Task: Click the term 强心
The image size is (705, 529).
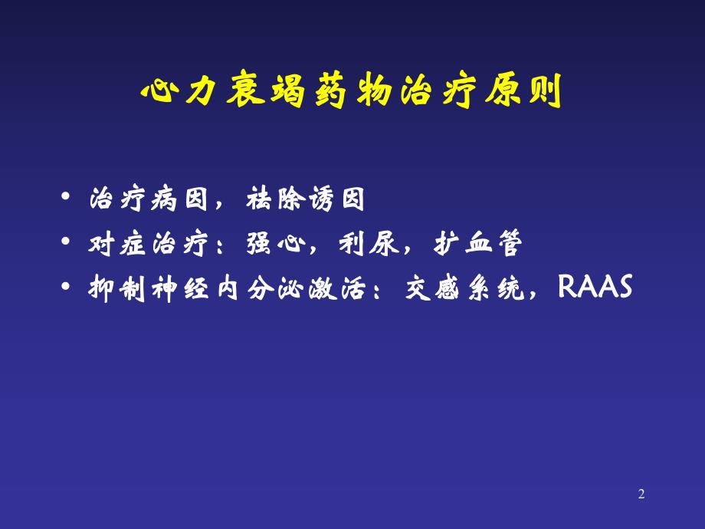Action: (273, 245)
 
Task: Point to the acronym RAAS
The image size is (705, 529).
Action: (595, 287)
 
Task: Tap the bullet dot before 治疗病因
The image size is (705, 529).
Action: (70, 201)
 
